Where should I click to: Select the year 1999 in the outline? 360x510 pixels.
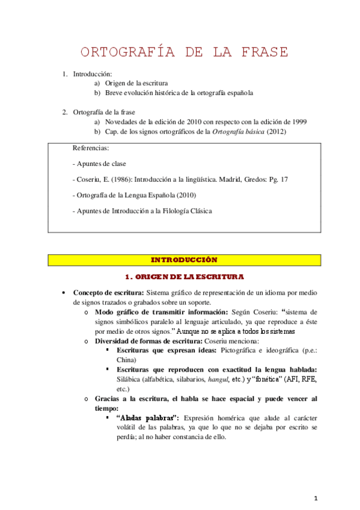tap(299, 121)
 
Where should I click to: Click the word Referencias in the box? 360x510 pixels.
tap(91, 147)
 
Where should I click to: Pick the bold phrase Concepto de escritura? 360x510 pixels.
tap(108, 292)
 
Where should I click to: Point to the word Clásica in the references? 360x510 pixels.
tap(200, 211)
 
